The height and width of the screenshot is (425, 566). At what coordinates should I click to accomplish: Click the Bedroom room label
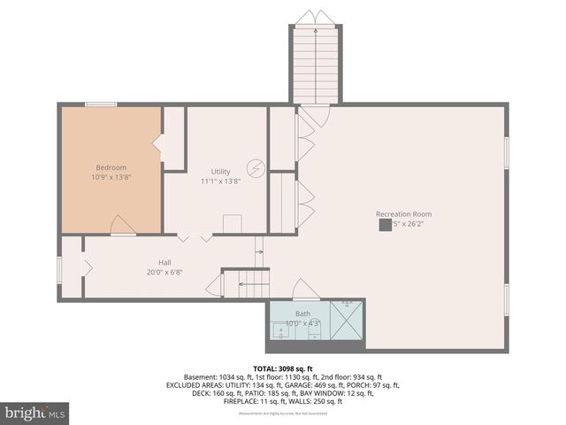pos(111,167)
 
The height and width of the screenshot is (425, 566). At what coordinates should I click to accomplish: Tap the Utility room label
pos(220,171)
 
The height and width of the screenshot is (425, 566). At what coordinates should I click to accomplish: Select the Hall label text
pos(164,262)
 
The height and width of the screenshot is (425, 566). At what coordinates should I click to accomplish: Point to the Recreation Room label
pos(403,214)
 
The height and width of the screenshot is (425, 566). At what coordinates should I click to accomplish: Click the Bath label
pos(302,313)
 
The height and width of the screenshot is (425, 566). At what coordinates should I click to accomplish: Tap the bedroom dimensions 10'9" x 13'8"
pos(111,177)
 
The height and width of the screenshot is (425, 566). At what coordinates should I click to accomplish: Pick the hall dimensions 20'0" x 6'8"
pos(164,272)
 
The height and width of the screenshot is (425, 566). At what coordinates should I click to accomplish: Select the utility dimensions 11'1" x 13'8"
pos(220,181)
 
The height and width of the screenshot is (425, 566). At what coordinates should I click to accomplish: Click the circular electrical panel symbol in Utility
pos(256,166)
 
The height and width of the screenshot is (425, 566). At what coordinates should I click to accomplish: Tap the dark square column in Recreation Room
pos(385,225)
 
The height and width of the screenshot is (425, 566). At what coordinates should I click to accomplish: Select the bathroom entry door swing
pos(305,290)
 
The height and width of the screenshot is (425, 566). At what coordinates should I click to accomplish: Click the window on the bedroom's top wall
pos(101,104)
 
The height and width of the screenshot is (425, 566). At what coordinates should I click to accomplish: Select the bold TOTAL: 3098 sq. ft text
pos(283,368)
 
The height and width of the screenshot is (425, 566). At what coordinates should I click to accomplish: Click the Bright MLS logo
pos(35,413)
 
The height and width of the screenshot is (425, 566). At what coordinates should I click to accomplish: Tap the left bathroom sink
pos(282,332)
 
